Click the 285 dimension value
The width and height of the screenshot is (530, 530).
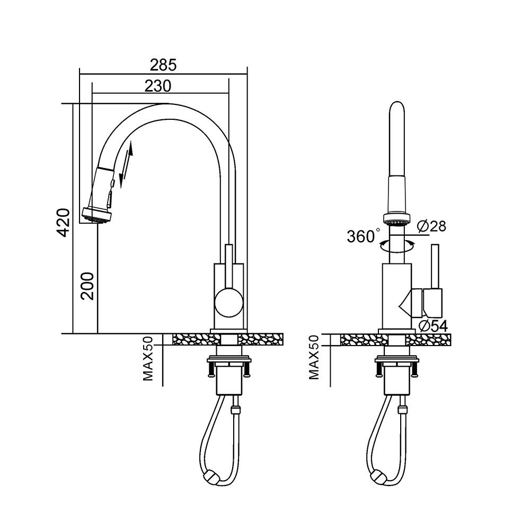pos(162,65)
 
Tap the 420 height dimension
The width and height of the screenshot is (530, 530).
pos(64,222)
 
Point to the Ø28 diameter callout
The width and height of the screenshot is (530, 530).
pos(431,226)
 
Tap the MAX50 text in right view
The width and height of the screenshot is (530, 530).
pos(314,358)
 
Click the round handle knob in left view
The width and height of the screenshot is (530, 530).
pos(228,303)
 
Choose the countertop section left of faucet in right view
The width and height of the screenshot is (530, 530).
pos(358,340)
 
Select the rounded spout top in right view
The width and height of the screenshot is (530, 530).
pos(398,109)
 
